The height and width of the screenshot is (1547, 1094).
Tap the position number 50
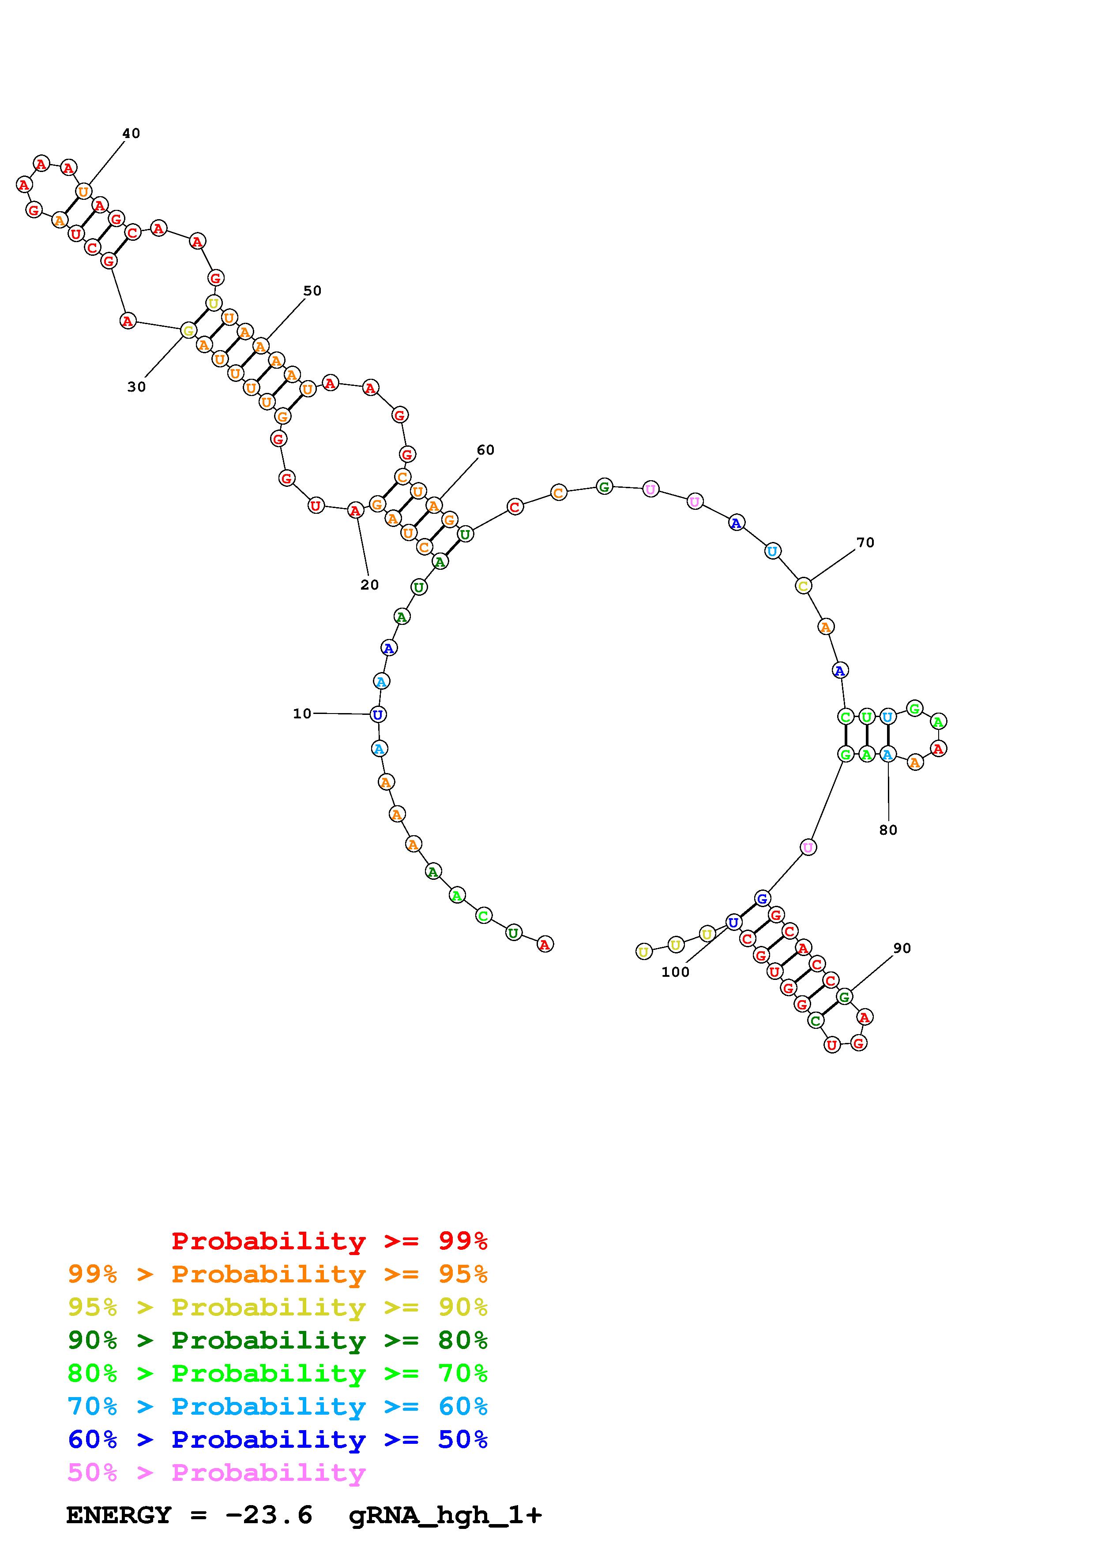(x=312, y=291)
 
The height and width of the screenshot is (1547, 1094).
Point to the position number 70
(x=865, y=542)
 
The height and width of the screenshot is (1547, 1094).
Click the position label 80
(x=888, y=830)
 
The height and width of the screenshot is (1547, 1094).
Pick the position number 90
(x=902, y=948)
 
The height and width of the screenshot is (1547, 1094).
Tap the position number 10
(x=302, y=714)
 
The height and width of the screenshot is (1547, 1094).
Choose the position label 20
(x=369, y=585)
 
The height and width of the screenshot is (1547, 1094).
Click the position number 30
(x=136, y=387)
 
